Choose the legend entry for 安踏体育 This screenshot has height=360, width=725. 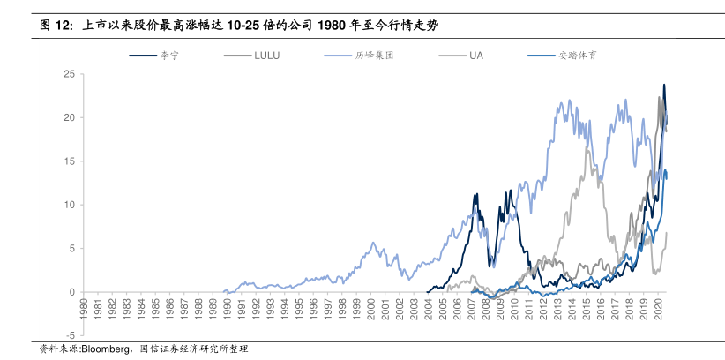point(576,55)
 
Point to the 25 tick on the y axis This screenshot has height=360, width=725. point(68,74)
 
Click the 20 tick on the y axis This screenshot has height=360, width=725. point(68,117)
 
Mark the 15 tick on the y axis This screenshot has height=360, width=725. point(68,161)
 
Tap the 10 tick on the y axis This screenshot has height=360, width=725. point(68,205)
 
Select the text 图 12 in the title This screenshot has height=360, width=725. point(55,26)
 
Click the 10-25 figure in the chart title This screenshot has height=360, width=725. point(243,26)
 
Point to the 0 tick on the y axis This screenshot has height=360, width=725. point(71,292)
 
